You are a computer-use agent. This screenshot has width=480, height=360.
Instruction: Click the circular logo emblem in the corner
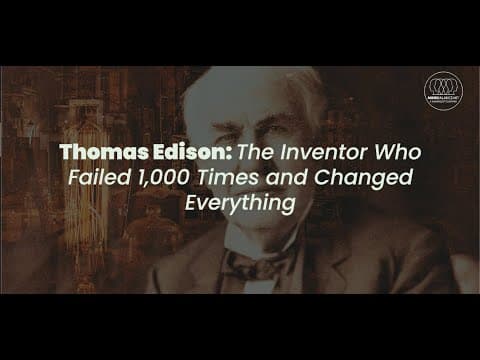(x=443, y=89)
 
